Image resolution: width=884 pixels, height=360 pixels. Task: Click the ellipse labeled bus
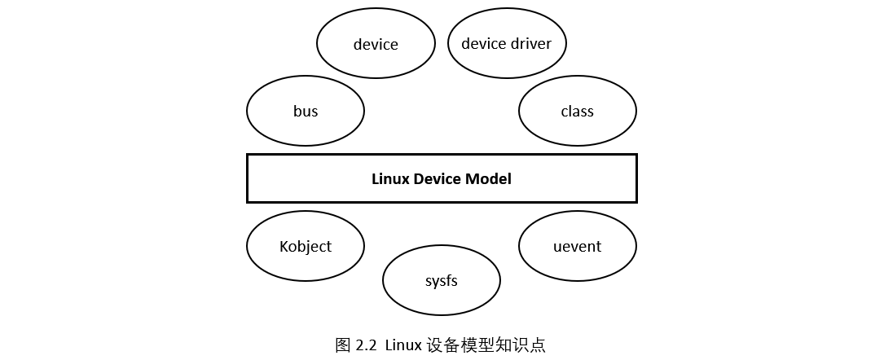(x=306, y=111)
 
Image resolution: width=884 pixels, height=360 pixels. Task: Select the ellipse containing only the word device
(x=376, y=44)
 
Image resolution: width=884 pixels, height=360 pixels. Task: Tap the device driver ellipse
(x=506, y=44)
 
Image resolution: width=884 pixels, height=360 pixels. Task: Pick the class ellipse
(x=577, y=111)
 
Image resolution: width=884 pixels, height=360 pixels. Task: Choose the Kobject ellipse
(x=306, y=246)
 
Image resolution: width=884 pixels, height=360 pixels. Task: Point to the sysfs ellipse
(x=441, y=281)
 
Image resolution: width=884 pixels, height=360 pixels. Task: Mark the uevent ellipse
(x=577, y=246)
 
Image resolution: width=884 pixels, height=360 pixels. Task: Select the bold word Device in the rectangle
(x=438, y=179)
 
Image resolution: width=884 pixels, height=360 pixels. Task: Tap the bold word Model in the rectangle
(x=489, y=179)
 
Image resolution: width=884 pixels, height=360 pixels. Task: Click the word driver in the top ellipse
(x=530, y=44)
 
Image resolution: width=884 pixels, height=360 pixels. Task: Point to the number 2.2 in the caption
(x=367, y=345)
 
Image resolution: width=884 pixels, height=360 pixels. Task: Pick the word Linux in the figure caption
(x=403, y=345)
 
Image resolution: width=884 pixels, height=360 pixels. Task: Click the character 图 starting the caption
(x=343, y=345)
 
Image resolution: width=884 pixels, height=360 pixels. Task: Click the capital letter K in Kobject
(x=284, y=246)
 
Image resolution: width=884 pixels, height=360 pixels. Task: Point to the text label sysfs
(x=441, y=281)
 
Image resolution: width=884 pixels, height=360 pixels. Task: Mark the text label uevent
(x=577, y=246)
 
